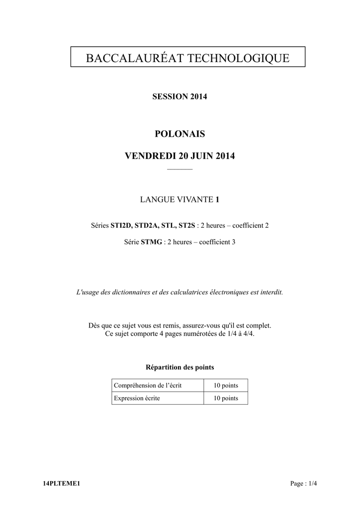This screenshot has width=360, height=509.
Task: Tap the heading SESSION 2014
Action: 180,96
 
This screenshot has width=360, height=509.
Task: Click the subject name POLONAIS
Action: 180,134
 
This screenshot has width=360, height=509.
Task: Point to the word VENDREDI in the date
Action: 146,156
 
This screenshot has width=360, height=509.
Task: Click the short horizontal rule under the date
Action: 180,170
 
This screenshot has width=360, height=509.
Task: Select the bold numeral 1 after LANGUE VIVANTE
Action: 217,200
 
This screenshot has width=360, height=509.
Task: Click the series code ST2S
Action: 186,226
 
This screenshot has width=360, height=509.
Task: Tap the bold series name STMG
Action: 152,243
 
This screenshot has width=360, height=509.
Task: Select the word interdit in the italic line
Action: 271,292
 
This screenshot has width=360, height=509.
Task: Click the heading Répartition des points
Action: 180,367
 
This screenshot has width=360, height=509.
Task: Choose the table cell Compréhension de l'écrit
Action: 148,385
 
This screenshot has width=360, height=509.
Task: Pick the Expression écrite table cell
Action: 137,398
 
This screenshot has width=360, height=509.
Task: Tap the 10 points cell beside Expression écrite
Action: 226,398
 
